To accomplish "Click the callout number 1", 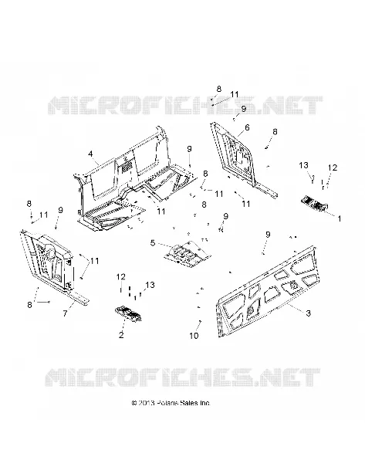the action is click(339, 218).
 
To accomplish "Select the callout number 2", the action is click(121, 335).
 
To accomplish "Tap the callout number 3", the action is click(308, 313).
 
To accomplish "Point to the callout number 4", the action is click(90, 154).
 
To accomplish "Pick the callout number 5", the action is click(153, 243).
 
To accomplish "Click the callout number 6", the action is click(247, 128).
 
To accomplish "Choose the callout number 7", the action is click(65, 313).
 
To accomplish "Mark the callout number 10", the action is click(194, 336).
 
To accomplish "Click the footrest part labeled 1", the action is click(315, 204).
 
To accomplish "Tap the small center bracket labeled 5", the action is click(187, 252).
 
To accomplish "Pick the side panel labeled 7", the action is click(51, 263).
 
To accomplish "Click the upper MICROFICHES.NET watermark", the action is click(185, 105).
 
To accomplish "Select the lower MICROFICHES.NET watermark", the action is click(183, 377).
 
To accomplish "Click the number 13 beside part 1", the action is click(304, 165).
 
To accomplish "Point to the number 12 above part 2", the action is click(121, 276).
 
